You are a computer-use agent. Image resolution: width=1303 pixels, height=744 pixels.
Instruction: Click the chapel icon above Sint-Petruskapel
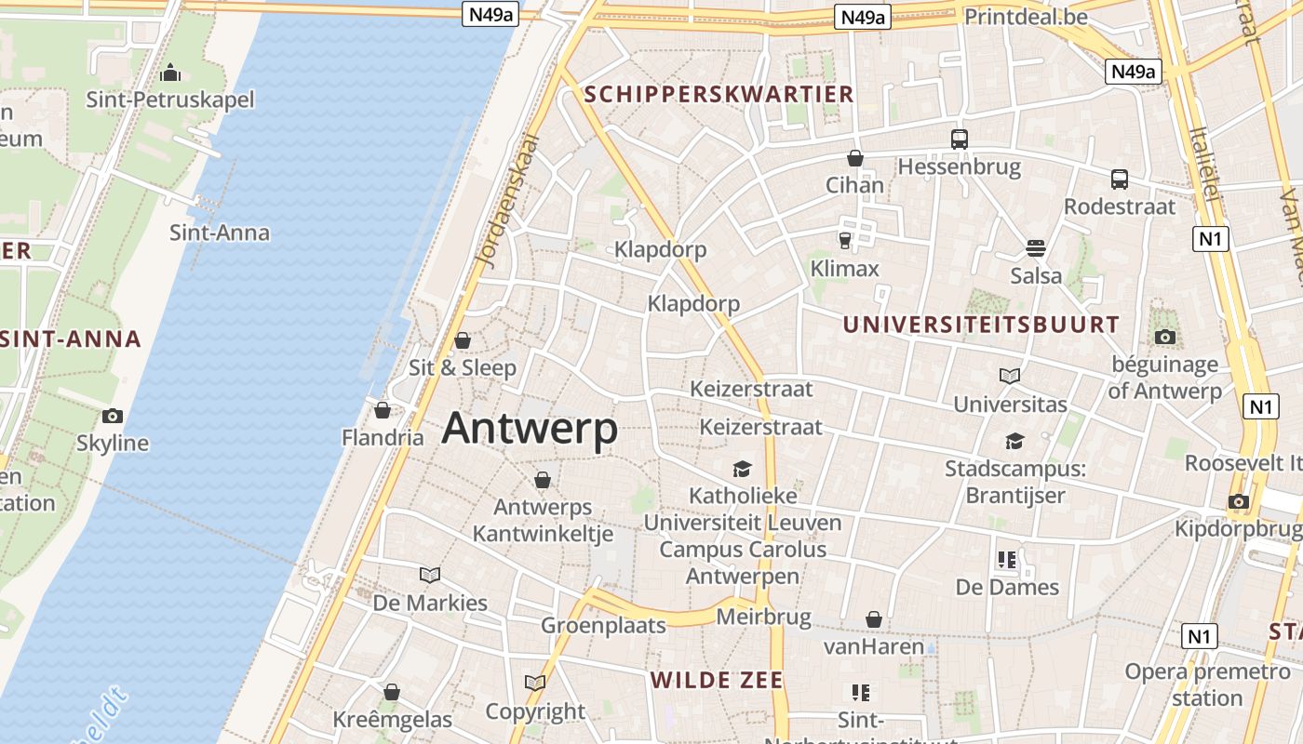(170, 73)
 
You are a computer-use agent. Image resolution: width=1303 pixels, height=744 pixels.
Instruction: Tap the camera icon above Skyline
(113, 416)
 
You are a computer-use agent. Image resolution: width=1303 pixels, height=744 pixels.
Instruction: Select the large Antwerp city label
(530, 429)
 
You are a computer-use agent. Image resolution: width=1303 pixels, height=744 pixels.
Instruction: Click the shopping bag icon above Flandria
(383, 410)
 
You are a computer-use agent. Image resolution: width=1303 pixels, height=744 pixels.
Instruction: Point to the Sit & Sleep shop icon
(463, 340)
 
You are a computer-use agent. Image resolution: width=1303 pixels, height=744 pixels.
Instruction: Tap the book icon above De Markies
(430, 575)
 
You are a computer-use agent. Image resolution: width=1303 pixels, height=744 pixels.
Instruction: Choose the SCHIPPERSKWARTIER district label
(718, 94)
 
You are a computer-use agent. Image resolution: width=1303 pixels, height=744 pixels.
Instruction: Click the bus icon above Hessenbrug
(960, 139)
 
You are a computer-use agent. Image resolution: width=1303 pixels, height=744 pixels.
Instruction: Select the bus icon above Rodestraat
(1120, 179)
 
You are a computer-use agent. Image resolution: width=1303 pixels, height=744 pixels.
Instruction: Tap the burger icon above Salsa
(1036, 248)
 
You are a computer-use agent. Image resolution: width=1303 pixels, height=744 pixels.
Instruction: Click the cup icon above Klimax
(845, 241)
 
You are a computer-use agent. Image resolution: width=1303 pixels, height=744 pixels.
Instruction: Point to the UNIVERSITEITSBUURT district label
(981, 325)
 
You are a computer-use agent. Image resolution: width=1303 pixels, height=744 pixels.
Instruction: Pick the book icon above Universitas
(1010, 377)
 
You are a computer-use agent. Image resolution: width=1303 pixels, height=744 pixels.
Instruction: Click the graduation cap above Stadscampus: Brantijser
(1014, 441)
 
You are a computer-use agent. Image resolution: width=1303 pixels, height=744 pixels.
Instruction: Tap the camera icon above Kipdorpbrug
(1238, 502)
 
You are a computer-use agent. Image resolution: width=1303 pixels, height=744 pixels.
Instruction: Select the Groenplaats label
(603, 626)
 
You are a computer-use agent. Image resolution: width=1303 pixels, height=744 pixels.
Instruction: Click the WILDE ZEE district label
(717, 680)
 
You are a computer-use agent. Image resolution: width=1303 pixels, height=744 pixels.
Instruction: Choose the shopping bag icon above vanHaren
(874, 619)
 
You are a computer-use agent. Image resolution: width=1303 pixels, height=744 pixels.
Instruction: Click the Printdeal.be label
(1026, 17)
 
